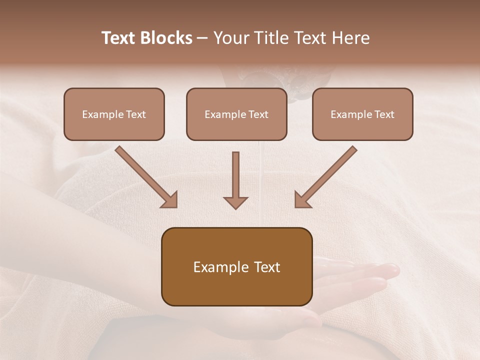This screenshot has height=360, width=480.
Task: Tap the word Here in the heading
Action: [x=350, y=38]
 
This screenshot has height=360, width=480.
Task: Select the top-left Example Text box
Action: [x=114, y=114]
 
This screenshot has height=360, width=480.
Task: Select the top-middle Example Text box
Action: [x=236, y=114]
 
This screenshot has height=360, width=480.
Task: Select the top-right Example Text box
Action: [x=362, y=114]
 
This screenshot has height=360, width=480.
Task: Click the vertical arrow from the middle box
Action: [x=235, y=175]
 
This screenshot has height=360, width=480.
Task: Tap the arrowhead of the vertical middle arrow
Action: [x=235, y=202]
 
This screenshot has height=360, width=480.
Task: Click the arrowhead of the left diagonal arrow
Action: [x=170, y=200]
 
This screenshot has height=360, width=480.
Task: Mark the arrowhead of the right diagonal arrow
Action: [x=302, y=200]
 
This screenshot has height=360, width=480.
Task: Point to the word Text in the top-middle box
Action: [x=257, y=114]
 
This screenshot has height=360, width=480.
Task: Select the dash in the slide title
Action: [x=202, y=38]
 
